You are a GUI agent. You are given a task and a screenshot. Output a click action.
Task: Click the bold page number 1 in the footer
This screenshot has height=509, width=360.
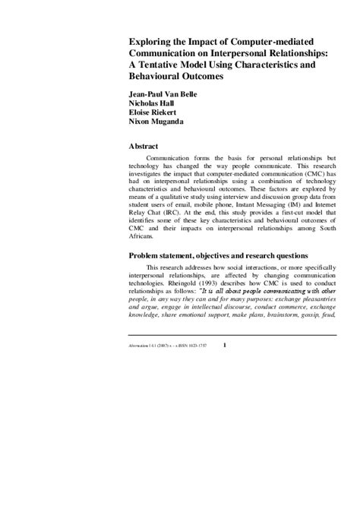[223, 346]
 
